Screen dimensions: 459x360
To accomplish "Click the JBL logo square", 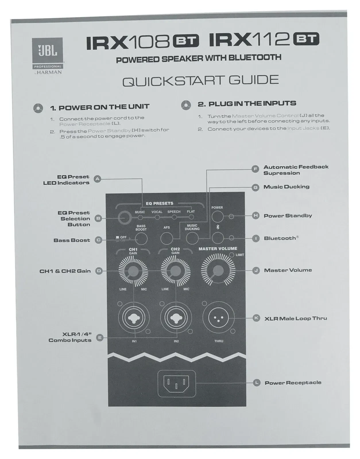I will (47, 51).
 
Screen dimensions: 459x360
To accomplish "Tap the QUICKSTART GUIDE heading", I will (200, 81).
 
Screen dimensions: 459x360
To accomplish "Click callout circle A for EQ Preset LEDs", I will (98, 179).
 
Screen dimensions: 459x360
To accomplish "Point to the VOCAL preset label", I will (157, 212).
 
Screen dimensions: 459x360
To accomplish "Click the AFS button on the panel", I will (167, 238).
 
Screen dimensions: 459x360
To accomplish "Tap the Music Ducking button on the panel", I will (192, 238).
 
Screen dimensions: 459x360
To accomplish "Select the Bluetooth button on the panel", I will (218, 238).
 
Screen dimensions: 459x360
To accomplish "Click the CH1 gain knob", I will (133, 271).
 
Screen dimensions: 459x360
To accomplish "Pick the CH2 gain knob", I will (175, 271).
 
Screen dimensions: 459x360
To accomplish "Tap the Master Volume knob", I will (218, 270).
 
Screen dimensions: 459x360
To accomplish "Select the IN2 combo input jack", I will (176, 318).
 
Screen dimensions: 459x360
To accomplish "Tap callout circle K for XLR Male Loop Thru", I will (256, 318).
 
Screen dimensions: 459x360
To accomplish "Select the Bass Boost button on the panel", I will (141, 238).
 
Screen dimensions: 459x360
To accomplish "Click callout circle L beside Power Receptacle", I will (257, 382).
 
